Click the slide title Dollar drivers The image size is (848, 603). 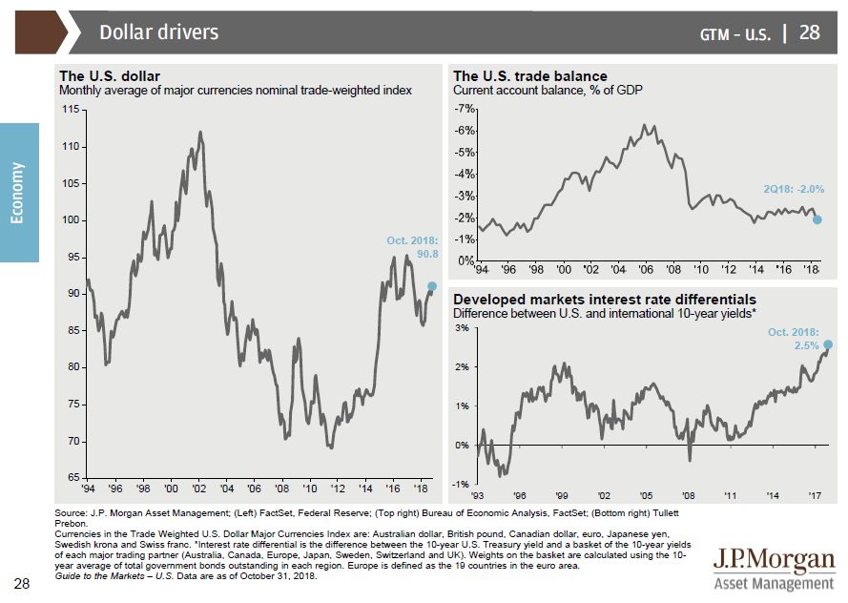[x=158, y=32]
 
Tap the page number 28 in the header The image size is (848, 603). [x=809, y=32]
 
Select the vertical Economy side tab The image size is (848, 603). [x=19, y=192]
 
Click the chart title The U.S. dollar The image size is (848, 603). [x=110, y=76]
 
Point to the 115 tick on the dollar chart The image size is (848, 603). [x=71, y=110]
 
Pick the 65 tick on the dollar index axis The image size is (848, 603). [x=72, y=476]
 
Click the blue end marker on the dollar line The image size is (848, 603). [x=432, y=285]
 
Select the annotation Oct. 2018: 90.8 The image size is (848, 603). [x=412, y=247]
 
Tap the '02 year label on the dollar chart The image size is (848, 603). [x=198, y=489]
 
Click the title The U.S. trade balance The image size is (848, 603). [x=529, y=76]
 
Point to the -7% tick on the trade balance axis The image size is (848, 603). [x=466, y=110]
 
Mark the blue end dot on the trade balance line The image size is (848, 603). [x=817, y=219]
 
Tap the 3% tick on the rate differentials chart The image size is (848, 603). [x=461, y=328]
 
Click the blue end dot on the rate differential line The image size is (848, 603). [x=827, y=344]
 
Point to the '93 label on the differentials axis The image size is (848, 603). [x=478, y=496]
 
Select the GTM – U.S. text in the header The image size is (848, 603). [x=734, y=34]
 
